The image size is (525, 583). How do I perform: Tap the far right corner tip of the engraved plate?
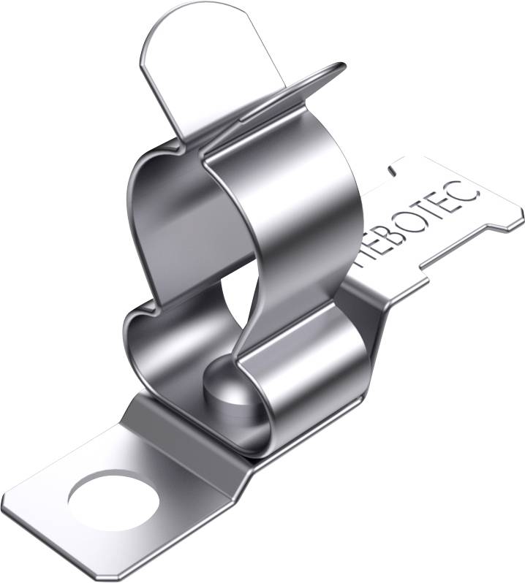(522, 212)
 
